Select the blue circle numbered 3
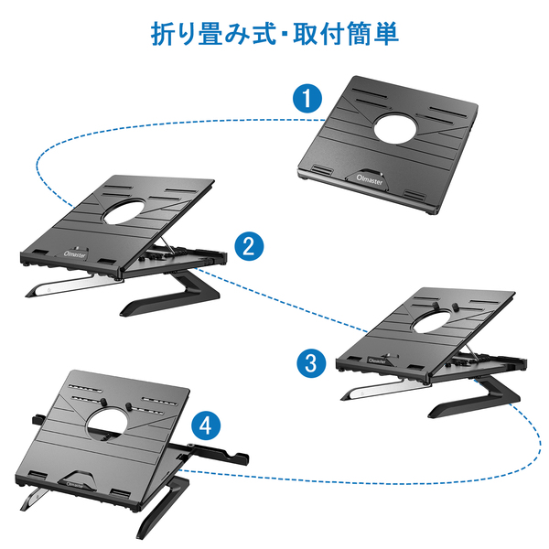(x=311, y=361)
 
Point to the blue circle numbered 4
(x=208, y=425)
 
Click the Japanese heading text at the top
(x=274, y=34)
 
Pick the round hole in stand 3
(x=439, y=321)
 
